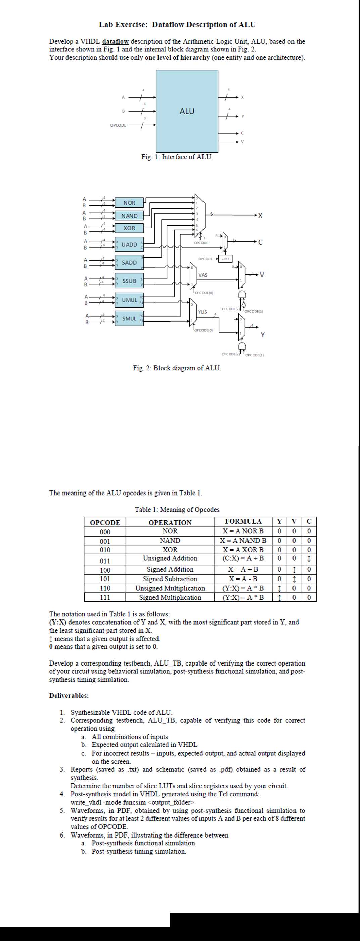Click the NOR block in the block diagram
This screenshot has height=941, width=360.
coord(129,202)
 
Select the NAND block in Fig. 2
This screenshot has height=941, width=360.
coord(129,216)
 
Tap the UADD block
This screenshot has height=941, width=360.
coord(129,244)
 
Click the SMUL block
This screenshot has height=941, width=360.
coord(129,318)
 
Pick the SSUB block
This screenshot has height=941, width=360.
coord(129,281)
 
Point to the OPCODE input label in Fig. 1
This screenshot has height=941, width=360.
coord(118,125)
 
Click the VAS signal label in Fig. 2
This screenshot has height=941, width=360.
coord(203,275)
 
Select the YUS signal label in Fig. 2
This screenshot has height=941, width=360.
coord(202,312)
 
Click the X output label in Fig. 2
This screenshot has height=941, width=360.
coord(260,216)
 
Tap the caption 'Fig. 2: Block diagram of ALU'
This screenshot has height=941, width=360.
coord(177,368)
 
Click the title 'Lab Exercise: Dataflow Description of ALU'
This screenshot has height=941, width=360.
coord(177,25)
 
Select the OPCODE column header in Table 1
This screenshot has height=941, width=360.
coord(105,523)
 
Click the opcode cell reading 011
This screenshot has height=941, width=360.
coord(105,561)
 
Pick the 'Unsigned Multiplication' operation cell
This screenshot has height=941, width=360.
coord(170,588)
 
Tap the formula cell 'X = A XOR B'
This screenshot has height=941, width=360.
coord(243,549)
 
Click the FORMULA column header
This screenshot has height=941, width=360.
coord(243,521)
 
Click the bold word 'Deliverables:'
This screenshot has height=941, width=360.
coord(69,695)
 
